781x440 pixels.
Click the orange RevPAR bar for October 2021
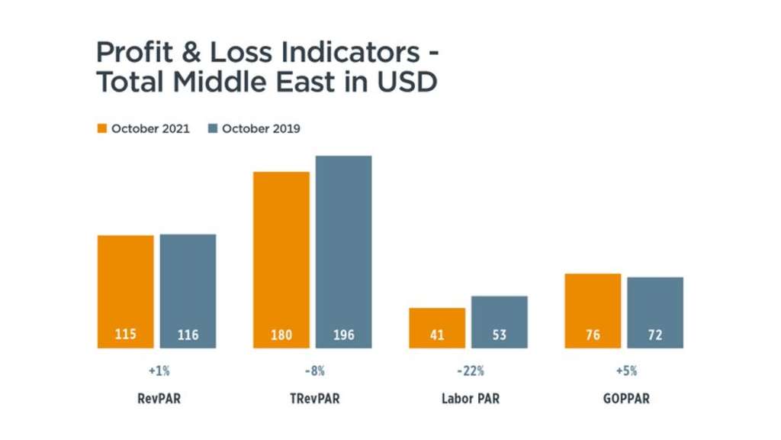pos(125,291)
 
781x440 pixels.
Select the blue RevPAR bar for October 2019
pos(188,291)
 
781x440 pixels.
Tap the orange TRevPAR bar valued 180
pos(281,260)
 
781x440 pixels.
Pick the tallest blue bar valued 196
pos(343,251)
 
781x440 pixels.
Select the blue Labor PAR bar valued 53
pos(499,322)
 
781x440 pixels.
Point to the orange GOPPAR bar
pos(593,310)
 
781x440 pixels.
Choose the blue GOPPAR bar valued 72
pos(655,312)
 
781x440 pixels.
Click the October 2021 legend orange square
pos(102,128)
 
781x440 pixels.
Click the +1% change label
pos(159,371)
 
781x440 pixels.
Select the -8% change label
pos(314,371)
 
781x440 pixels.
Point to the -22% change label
pos(470,371)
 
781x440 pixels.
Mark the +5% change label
pos(625,371)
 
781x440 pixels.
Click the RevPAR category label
pos(159,399)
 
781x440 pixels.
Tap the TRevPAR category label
pos(314,399)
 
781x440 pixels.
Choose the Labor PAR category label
pos(470,399)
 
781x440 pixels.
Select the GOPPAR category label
pos(625,399)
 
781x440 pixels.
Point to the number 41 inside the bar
pos(437,335)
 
